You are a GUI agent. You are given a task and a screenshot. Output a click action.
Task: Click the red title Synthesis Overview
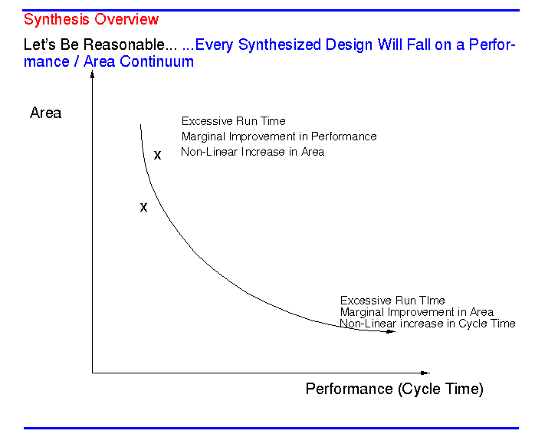(x=91, y=19)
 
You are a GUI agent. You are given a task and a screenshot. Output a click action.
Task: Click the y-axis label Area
(x=45, y=113)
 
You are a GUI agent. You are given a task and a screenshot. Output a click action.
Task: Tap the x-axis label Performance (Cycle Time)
(x=394, y=389)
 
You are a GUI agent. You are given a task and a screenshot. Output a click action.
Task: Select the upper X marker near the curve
(x=157, y=155)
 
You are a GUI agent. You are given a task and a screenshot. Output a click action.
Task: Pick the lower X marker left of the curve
(x=143, y=207)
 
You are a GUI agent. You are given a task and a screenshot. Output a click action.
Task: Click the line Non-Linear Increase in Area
(x=252, y=152)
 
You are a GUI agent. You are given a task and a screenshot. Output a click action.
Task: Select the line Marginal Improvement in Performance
(x=279, y=136)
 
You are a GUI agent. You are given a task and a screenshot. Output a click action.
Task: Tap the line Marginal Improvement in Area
(x=416, y=312)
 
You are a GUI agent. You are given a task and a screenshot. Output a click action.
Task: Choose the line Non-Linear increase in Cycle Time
(x=427, y=324)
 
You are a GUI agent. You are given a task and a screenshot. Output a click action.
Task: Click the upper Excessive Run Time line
(x=233, y=121)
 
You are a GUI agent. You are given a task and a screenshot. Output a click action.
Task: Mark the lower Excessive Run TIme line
(x=392, y=301)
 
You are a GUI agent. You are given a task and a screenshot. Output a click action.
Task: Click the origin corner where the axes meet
(x=93, y=373)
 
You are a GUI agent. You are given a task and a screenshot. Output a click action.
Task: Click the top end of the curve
(x=140, y=125)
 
